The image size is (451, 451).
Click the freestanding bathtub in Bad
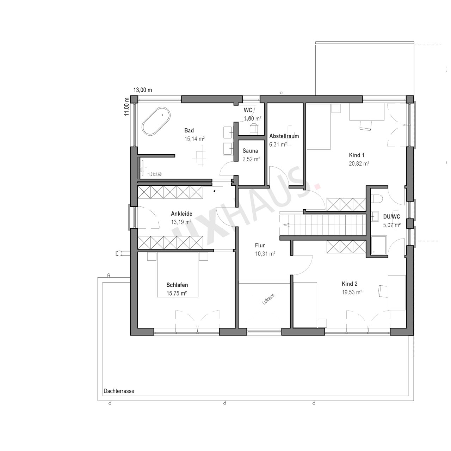[x=156, y=121]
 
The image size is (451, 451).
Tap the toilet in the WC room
[x=254, y=129]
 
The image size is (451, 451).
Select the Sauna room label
[x=250, y=151]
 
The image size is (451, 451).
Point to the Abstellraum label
[x=284, y=136]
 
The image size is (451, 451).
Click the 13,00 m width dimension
[x=143, y=90]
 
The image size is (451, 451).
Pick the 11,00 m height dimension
[x=126, y=106]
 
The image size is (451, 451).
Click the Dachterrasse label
[x=119, y=391]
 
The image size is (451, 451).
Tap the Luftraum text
[x=268, y=299]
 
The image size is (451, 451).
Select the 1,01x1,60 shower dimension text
[x=155, y=174]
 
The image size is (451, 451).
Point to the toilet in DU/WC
[x=377, y=198]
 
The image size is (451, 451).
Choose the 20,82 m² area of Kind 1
[x=359, y=163]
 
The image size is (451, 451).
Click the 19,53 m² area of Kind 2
[x=352, y=292]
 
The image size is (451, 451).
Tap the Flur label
[x=260, y=245]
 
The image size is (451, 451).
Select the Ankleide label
[x=181, y=214]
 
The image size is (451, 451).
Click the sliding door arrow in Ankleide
[x=216, y=191]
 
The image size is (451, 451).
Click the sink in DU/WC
[x=375, y=216]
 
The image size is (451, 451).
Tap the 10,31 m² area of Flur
[x=265, y=254]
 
